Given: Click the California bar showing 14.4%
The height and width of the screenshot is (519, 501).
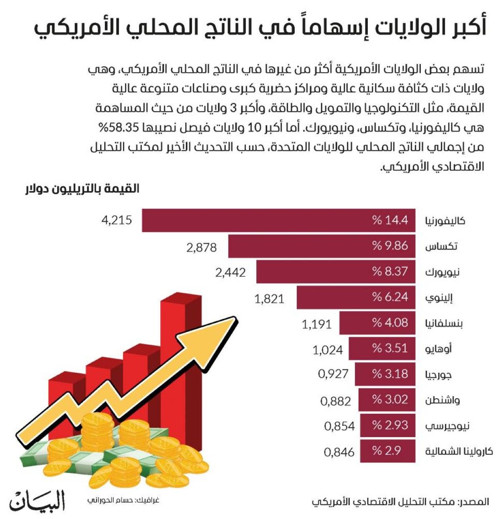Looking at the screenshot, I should click(278, 220).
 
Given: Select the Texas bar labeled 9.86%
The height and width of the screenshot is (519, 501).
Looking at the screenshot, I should click(321, 246).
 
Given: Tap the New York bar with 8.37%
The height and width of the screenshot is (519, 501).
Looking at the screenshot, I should click(336, 272).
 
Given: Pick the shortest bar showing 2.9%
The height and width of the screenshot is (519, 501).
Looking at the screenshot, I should click(387, 451).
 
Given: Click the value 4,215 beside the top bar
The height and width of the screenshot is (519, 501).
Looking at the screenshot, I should click(116, 220).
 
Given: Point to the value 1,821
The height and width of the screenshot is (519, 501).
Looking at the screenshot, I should click(269, 298).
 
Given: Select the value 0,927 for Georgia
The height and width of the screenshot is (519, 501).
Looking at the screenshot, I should click(333, 374).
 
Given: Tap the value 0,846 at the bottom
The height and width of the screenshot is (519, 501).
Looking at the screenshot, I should click(339, 452).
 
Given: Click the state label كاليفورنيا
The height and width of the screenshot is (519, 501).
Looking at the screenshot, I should click(445, 221).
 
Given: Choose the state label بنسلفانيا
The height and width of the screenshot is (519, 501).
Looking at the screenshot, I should click(444, 323).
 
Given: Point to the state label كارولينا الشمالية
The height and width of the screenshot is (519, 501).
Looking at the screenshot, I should click(459, 452).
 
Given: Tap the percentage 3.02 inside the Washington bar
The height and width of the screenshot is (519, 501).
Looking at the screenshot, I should click(390, 399).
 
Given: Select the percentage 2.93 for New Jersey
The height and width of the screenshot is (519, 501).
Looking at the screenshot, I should click(390, 425).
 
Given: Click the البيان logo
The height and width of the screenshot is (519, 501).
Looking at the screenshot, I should click(38, 499).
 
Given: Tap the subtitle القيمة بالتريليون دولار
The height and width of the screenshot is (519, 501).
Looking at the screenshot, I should click(82, 189).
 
